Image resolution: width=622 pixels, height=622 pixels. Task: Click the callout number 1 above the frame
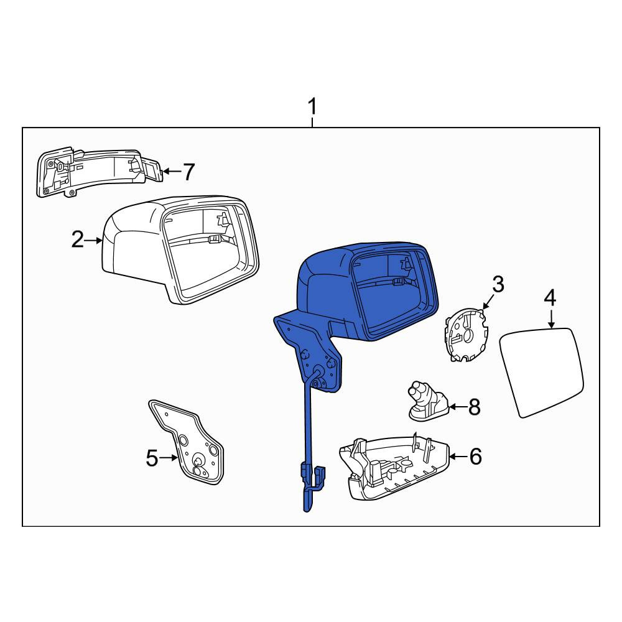pyautogui.click(x=313, y=106)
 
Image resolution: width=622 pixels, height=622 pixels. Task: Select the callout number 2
pyautogui.click(x=78, y=239)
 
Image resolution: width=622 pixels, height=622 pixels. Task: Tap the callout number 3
pyautogui.click(x=498, y=284)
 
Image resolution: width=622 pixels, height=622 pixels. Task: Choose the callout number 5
pyautogui.click(x=152, y=458)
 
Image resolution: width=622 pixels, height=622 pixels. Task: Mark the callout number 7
pyautogui.click(x=189, y=172)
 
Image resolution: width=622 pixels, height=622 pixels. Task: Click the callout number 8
pyautogui.click(x=474, y=407)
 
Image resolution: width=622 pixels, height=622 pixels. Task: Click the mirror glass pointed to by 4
pyautogui.click(x=542, y=372)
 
